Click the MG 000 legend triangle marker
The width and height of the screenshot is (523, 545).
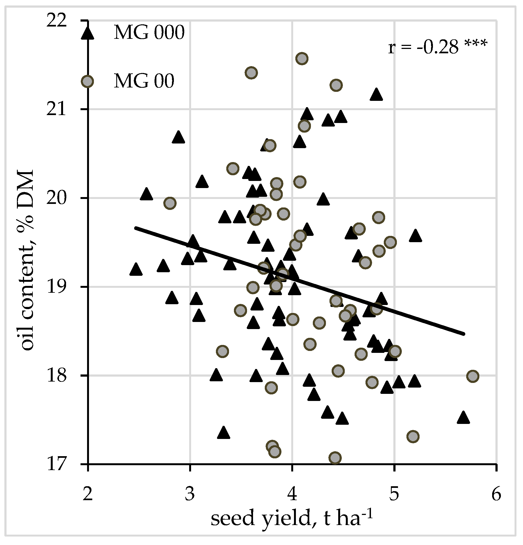(88, 33)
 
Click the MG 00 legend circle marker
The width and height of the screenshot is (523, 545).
(88, 81)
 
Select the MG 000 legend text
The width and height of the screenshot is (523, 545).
(149, 33)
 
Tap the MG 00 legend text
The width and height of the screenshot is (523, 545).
(144, 81)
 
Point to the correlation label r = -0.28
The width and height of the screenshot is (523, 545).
(437, 46)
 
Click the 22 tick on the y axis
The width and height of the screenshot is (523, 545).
(57, 20)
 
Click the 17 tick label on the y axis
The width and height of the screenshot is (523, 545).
(57, 464)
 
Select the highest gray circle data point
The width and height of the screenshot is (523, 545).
(302, 59)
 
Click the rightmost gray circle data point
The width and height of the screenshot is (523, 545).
(473, 376)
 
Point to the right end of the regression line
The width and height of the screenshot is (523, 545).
(464, 334)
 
